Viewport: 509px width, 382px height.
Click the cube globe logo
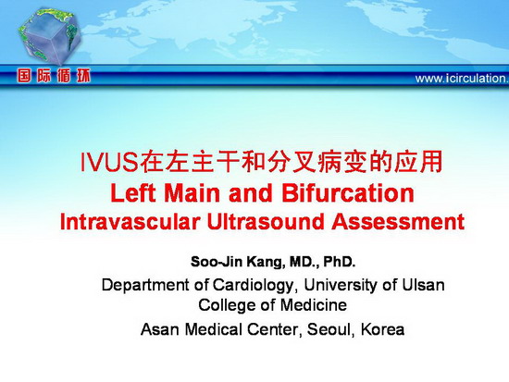pos(49,36)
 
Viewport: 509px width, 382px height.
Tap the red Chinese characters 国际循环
pos(54,76)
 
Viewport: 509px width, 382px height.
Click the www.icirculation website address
pos(462,79)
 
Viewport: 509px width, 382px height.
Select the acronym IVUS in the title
pos(109,162)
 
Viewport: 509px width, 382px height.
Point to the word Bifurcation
pos(348,193)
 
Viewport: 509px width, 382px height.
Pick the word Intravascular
pos(130,222)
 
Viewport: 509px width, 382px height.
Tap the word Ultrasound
pos(266,222)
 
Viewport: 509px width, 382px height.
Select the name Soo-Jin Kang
pos(236,262)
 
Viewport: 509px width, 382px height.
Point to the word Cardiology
pos(253,285)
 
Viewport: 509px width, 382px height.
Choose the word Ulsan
pos(423,285)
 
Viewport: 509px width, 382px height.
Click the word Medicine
pos(313,304)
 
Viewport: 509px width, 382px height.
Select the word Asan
pos(160,329)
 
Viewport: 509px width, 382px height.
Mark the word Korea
pos(383,329)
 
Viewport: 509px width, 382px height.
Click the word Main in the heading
pos(193,193)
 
